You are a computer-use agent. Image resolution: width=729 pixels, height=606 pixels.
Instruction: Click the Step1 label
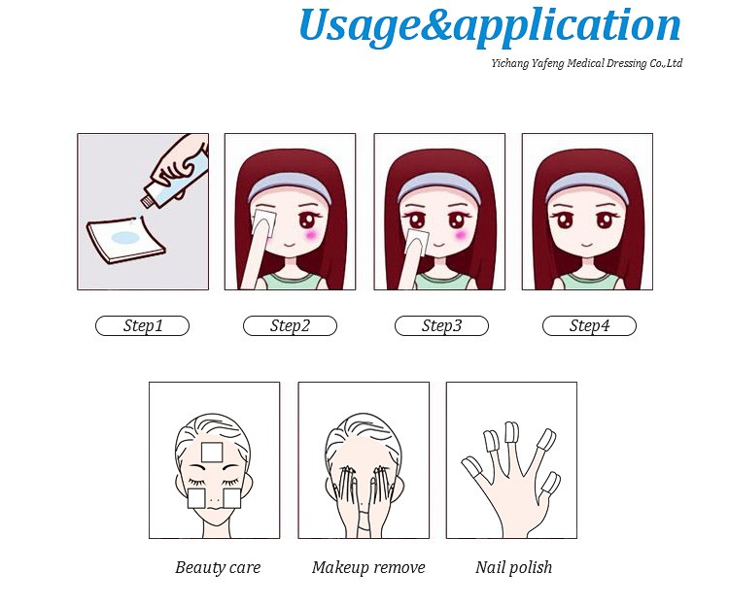pos(142,325)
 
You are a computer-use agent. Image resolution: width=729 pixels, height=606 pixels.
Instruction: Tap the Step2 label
pos(290,325)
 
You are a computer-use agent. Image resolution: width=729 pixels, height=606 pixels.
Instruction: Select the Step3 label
pos(441,325)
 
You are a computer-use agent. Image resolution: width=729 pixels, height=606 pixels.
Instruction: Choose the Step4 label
pos(589,325)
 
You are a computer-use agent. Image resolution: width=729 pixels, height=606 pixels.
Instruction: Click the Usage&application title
pos(490,25)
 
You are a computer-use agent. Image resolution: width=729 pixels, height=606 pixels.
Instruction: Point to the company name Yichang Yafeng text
pos(587,63)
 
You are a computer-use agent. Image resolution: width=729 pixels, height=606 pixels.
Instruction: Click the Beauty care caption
pos(218,567)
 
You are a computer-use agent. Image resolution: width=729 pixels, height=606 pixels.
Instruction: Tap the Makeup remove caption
pos(368,567)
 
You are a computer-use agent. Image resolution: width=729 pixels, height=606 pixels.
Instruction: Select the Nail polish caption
pos(514,567)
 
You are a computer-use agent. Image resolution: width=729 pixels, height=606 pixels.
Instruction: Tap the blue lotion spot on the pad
pos(125,238)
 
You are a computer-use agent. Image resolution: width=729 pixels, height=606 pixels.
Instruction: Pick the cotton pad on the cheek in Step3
pos(417,240)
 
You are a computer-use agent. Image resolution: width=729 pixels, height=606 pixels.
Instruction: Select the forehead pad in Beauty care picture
pos(212,453)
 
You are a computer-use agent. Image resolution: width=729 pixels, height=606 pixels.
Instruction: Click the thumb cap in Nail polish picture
pos(470,467)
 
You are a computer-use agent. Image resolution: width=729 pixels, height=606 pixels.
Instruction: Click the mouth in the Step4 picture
pos(587,245)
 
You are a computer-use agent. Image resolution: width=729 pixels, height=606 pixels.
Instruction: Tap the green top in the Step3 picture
pos(439,282)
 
